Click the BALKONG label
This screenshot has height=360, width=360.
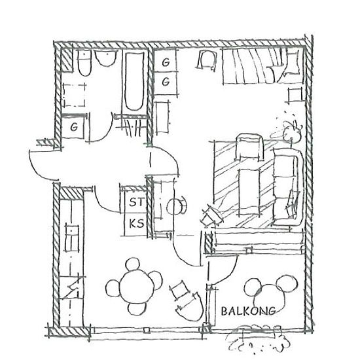[x=248, y=311]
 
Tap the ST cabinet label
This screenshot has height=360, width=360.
[x=137, y=202]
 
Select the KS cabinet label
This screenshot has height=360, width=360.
[x=136, y=223]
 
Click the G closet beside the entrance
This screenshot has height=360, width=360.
[x=73, y=127]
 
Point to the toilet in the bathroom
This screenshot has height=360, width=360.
[x=84, y=63]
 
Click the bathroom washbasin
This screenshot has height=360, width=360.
[x=106, y=58]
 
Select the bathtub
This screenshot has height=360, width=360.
[x=135, y=81]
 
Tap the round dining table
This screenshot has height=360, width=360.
[x=137, y=287]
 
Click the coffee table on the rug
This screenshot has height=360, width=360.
[x=249, y=192]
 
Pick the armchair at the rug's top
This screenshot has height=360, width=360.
[x=249, y=147]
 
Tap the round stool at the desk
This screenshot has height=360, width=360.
[x=175, y=206]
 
